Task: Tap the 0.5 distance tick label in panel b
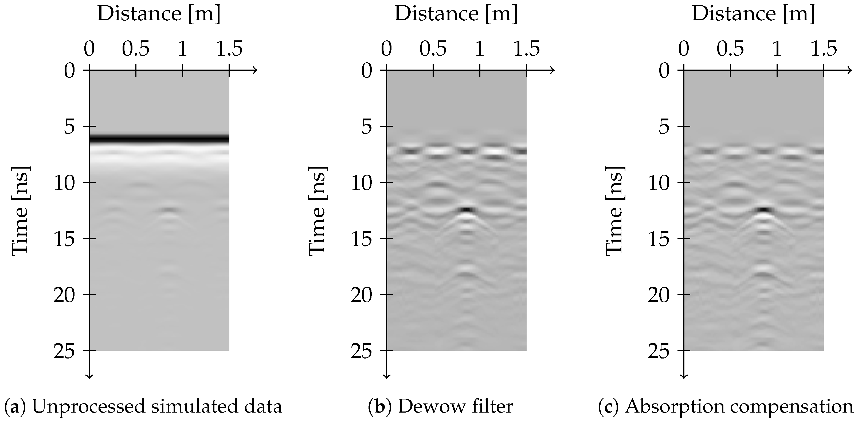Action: [x=433, y=49]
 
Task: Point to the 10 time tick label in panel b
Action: [x=361, y=184]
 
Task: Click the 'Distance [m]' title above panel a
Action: [x=159, y=14]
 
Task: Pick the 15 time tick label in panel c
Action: [x=659, y=239]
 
